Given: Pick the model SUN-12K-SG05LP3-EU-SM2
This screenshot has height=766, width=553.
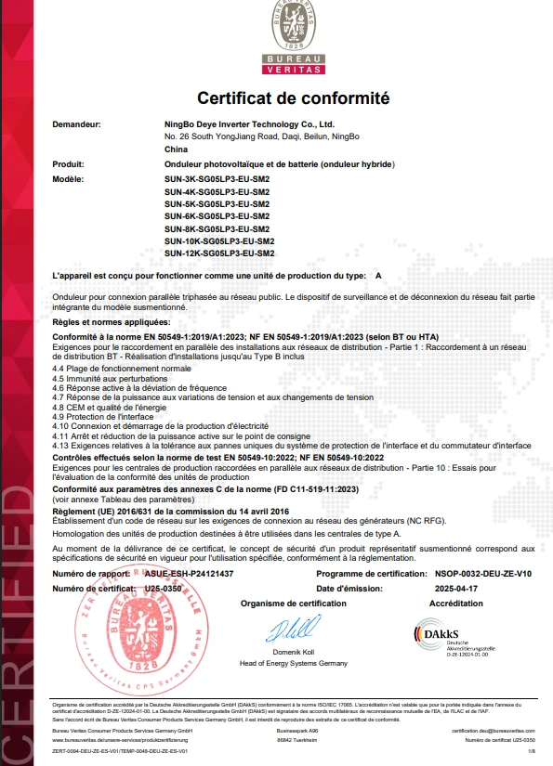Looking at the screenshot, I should (219, 253).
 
